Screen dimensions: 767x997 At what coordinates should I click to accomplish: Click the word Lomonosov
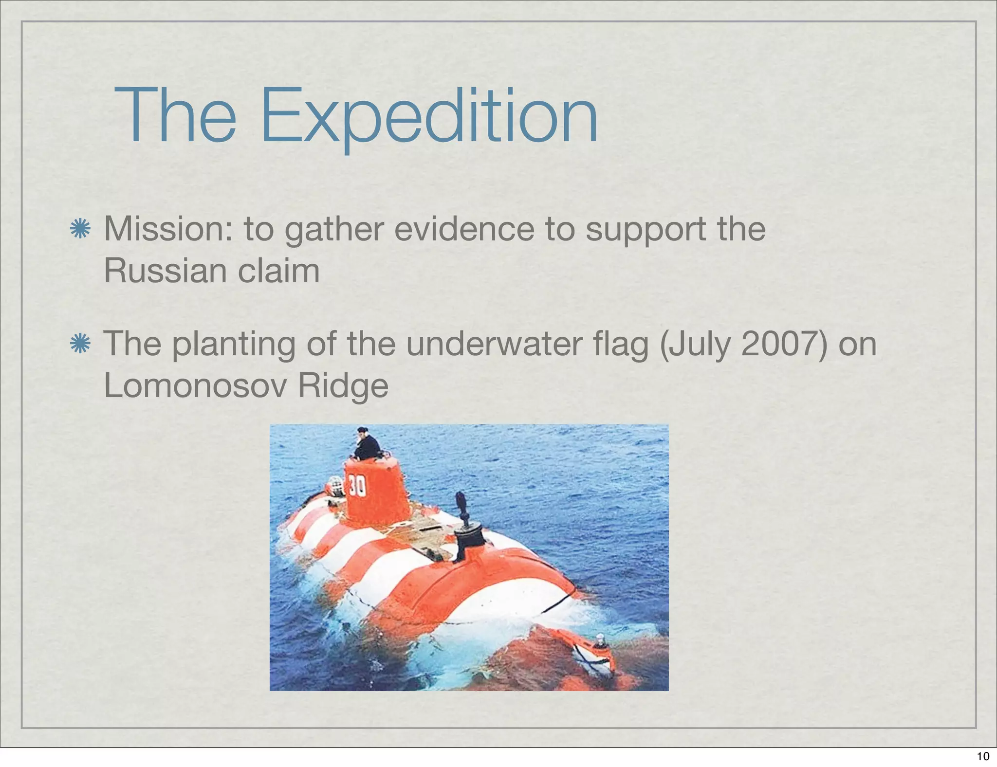click(194, 385)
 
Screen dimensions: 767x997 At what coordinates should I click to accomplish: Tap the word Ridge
click(343, 386)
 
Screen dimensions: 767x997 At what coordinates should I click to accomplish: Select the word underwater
click(495, 344)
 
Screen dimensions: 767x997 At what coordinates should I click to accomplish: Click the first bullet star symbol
click(80, 229)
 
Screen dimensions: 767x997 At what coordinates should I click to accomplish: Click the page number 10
click(983, 756)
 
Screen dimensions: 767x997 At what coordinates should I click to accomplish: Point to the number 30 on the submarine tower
click(357, 486)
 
